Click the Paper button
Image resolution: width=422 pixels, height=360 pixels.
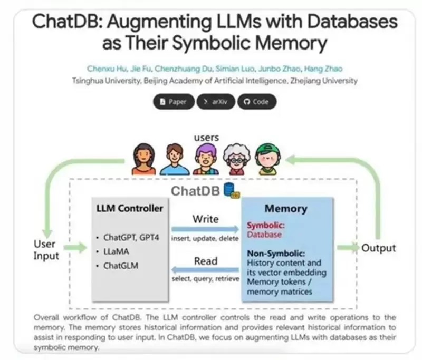point(173,102)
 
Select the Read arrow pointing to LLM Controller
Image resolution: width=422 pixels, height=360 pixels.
point(206,270)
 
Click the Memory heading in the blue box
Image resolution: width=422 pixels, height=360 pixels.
point(285,209)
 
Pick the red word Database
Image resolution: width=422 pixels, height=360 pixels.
point(265,234)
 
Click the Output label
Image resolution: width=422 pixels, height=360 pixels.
point(378,247)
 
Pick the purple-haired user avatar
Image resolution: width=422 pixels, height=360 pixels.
point(205,159)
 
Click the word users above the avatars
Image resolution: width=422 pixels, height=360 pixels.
point(206,138)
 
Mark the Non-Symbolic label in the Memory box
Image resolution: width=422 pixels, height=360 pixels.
point(274,254)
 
